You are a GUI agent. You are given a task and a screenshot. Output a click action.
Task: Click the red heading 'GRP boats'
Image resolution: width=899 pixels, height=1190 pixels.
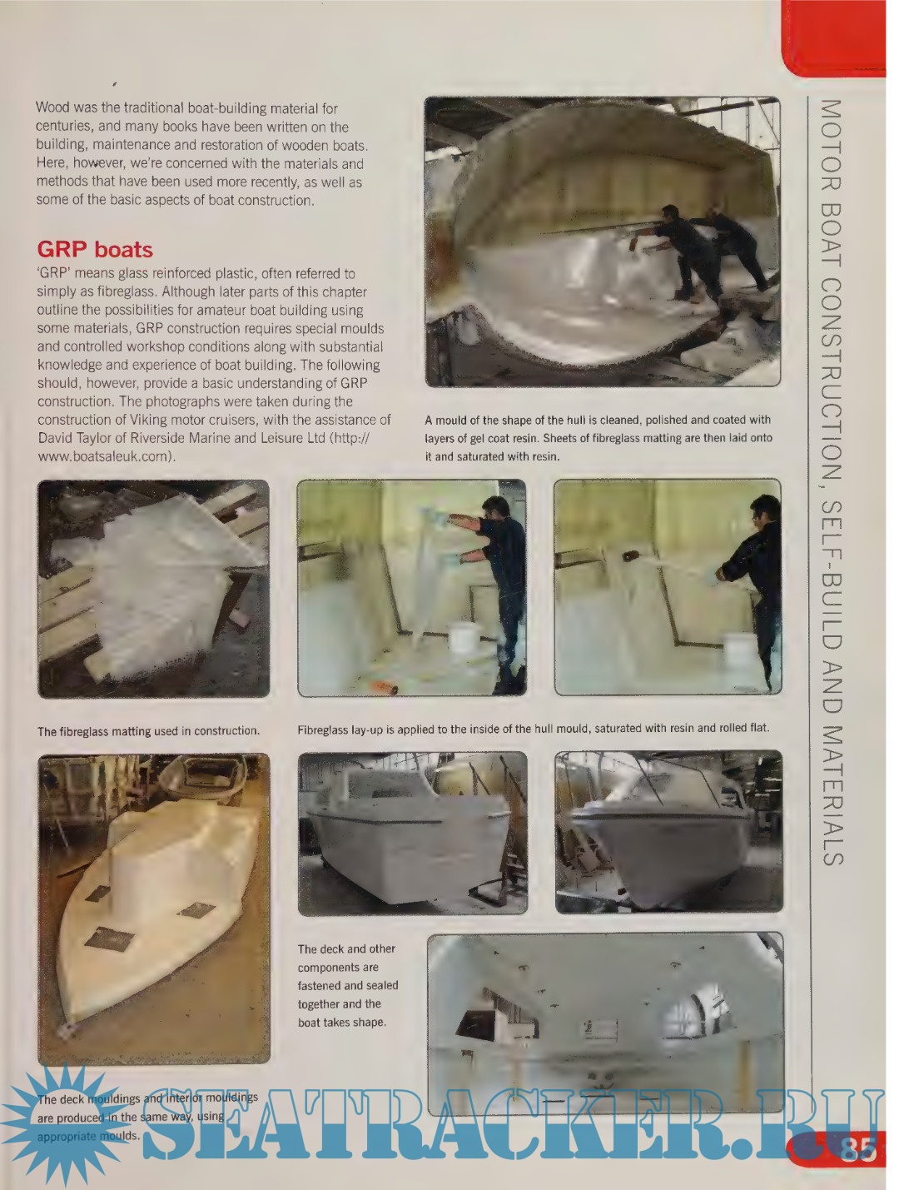(x=95, y=250)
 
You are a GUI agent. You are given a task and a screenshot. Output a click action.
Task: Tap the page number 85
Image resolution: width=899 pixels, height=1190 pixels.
(x=858, y=1148)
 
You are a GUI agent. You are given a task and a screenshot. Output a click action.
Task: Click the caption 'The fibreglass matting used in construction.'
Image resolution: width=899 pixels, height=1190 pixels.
(x=148, y=731)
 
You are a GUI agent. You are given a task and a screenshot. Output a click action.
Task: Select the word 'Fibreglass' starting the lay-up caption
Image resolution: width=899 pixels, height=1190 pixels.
(x=323, y=729)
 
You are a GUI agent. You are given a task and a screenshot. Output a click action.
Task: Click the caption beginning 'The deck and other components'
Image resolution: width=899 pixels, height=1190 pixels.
(x=348, y=986)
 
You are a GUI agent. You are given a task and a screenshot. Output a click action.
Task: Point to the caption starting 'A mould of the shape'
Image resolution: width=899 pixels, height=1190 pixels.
(x=599, y=438)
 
